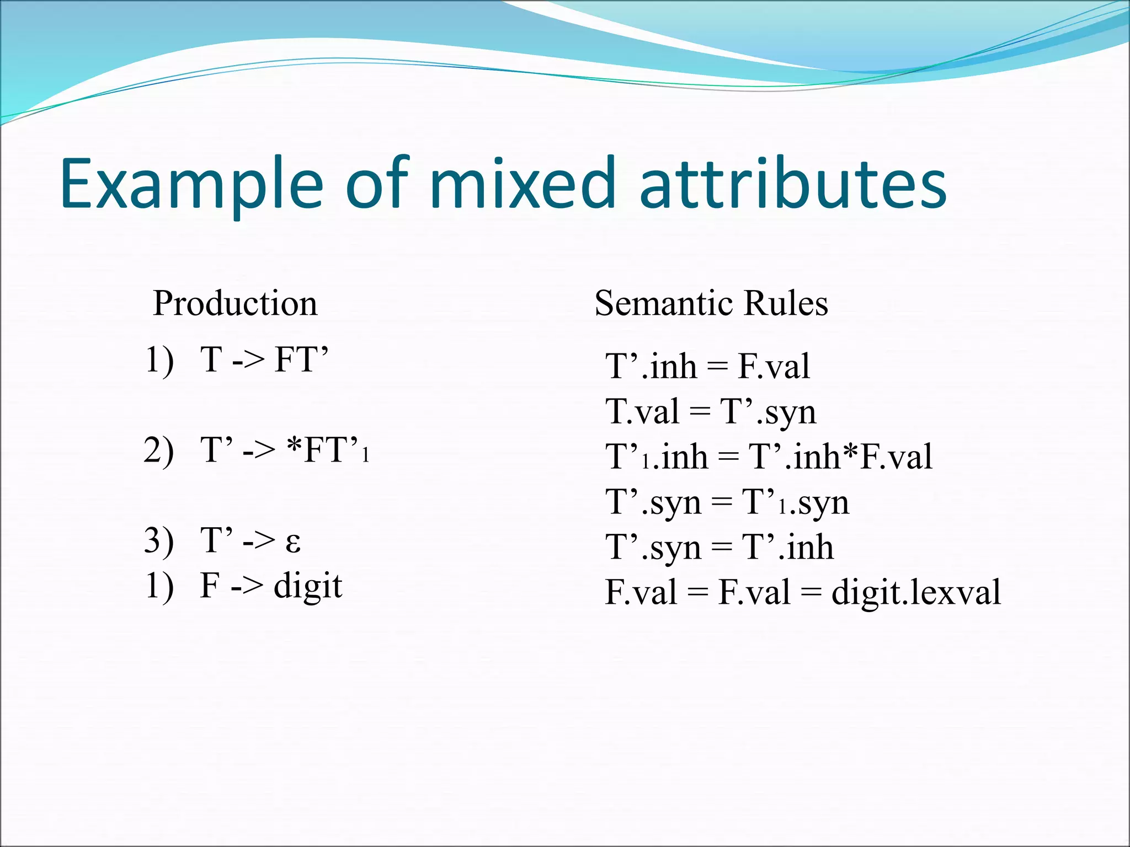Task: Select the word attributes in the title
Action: click(793, 184)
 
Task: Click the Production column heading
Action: click(235, 303)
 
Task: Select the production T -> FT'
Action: click(264, 360)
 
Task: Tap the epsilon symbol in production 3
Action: click(293, 542)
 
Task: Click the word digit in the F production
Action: click(308, 586)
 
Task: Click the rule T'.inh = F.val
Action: click(707, 366)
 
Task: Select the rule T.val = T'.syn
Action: click(711, 412)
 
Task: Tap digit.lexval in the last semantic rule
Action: click(916, 593)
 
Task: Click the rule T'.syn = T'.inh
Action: click(719, 548)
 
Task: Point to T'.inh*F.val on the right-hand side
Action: click(840, 457)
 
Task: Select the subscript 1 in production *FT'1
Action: click(365, 455)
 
